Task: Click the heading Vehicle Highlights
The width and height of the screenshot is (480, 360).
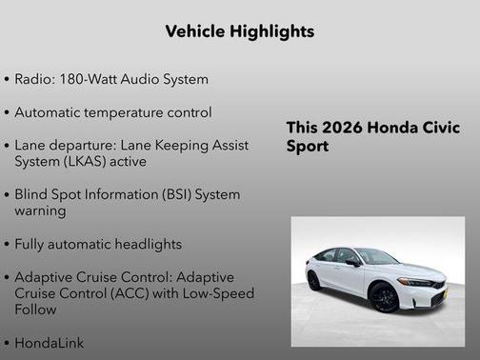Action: [x=239, y=31]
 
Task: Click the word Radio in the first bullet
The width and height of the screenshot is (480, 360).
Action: [x=34, y=79]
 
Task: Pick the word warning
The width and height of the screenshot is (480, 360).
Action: [x=40, y=210]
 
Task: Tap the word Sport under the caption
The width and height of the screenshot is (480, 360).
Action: [x=308, y=148]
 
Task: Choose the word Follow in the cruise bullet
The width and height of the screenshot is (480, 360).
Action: [x=36, y=309]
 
